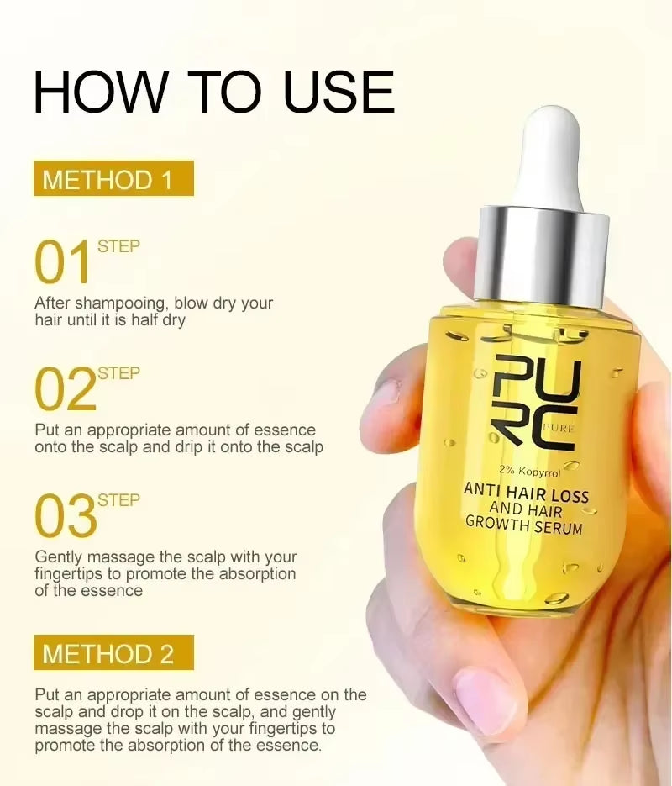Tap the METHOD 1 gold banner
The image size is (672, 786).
click(x=113, y=179)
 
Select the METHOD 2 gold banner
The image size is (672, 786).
click(x=113, y=653)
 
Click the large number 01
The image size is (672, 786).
click(x=63, y=263)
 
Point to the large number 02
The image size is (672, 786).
click(x=65, y=390)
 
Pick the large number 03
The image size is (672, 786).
click(x=65, y=517)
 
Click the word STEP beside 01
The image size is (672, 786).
click(x=118, y=246)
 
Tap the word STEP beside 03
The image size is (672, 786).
click(x=118, y=500)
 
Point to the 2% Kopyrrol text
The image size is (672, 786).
click(x=529, y=472)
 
